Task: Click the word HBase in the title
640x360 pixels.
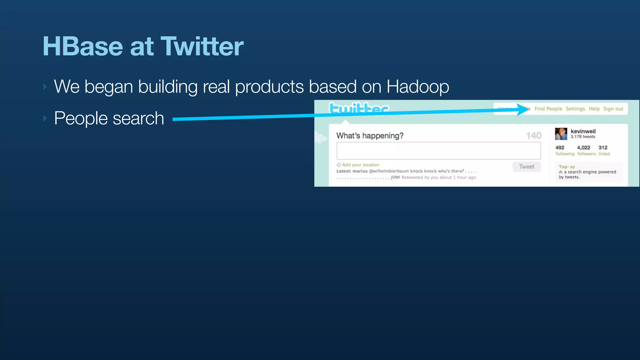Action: [82, 47]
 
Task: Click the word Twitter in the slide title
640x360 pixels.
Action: [202, 47]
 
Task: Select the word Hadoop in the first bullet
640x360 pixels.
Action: [417, 87]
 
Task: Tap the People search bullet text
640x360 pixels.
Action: [109, 118]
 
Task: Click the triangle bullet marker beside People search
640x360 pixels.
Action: [45, 118]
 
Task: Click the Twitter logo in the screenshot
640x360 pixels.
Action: [359, 108]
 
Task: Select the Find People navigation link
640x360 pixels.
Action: [548, 109]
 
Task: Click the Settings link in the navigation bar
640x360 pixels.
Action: [575, 109]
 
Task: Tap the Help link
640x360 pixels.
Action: [594, 109]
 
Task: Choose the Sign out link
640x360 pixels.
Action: [613, 109]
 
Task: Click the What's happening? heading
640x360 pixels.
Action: [370, 136]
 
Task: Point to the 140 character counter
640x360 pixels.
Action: [533, 136]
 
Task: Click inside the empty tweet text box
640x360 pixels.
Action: [438, 151]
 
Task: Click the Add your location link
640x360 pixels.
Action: [360, 165]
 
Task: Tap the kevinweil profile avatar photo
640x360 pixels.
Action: [561, 134]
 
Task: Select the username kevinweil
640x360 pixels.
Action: [583, 131]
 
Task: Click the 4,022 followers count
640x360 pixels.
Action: [583, 147]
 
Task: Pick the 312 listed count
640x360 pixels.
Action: [603, 147]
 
